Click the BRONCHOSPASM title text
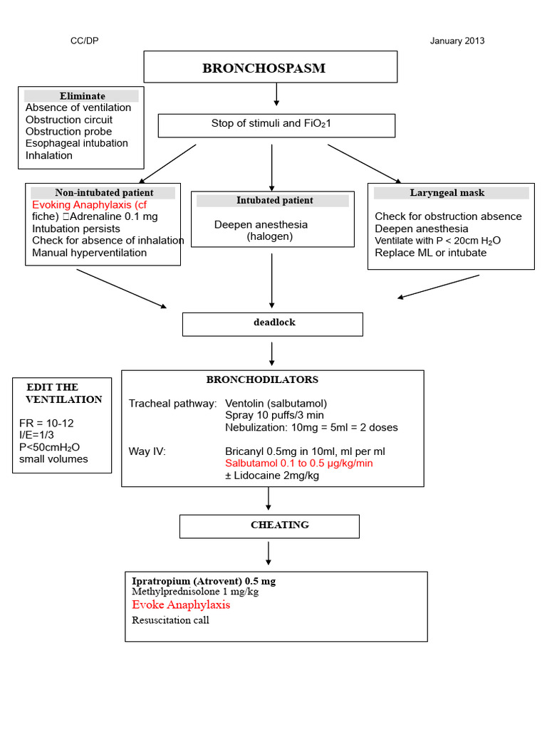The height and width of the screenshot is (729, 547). (264, 68)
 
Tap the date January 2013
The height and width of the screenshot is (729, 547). (457, 41)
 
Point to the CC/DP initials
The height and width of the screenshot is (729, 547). (84, 41)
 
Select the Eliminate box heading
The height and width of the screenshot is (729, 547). (82, 96)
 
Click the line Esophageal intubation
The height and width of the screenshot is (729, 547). (77, 143)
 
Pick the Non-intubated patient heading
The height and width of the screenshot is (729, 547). (104, 193)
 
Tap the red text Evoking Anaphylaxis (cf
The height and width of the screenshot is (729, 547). (89, 205)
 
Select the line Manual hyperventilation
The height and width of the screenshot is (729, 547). (89, 253)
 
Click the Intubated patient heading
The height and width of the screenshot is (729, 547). (274, 201)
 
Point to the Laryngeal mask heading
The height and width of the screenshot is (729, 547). (447, 193)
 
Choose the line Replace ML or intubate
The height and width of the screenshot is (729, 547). (430, 253)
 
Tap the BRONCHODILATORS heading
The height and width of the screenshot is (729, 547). (262, 380)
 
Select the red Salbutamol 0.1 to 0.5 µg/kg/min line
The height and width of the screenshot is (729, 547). (298, 463)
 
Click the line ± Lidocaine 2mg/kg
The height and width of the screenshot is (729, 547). (272, 476)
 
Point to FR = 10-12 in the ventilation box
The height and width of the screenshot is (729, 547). (46, 423)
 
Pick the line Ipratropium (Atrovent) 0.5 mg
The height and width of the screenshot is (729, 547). (204, 581)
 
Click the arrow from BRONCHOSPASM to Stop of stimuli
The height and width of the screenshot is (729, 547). (276, 94)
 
